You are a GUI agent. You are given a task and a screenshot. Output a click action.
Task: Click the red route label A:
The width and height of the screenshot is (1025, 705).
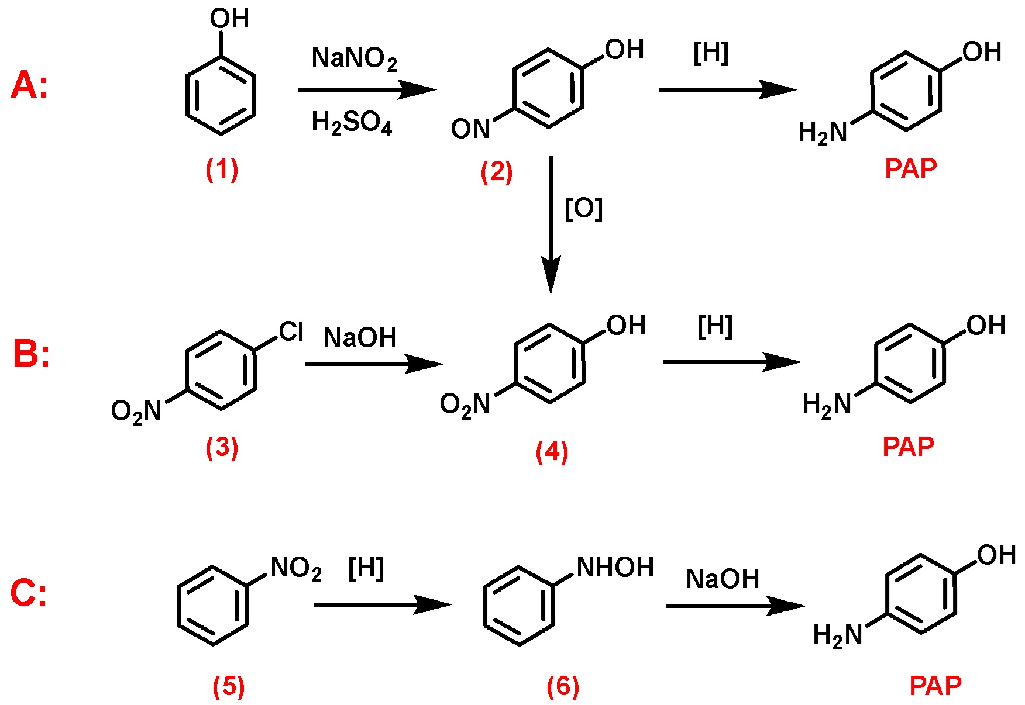click(29, 85)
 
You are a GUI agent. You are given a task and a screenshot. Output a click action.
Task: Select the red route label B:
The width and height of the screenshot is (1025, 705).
click(31, 354)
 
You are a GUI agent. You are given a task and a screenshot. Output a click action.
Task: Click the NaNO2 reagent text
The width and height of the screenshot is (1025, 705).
click(355, 58)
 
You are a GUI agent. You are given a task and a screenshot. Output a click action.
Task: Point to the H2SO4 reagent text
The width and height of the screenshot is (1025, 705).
click(352, 123)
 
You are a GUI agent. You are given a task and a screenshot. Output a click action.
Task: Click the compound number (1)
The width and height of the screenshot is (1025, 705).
click(222, 170)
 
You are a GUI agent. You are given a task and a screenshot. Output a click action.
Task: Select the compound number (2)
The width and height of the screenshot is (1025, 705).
click(496, 172)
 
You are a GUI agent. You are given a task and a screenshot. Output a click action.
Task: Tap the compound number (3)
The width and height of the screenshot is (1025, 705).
click(222, 448)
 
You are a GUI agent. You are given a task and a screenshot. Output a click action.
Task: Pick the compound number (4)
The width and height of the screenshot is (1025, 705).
click(552, 452)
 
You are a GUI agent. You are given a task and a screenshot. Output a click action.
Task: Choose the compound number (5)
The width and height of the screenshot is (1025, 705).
click(228, 687)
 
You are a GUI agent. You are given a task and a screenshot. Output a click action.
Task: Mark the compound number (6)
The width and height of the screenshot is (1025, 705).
click(563, 687)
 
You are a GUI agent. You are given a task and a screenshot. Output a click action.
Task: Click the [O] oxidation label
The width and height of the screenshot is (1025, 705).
click(583, 208)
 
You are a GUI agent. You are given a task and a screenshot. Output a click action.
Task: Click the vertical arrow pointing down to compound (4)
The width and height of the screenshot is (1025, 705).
click(551, 225)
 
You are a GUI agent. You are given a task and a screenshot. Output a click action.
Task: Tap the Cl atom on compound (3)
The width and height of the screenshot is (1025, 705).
click(291, 331)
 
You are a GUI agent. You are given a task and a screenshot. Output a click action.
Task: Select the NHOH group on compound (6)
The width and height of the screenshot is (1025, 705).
click(615, 567)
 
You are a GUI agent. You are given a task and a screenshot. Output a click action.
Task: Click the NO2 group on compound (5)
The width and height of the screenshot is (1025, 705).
click(296, 568)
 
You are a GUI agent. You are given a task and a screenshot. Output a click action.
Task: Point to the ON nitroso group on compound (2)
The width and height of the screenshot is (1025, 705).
click(470, 129)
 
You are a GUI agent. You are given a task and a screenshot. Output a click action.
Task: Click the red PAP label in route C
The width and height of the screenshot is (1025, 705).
click(935, 686)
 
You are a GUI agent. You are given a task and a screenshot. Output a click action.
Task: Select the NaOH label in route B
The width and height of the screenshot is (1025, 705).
click(360, 338)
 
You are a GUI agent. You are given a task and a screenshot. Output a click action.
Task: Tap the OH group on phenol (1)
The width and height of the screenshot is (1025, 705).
click(229, 19)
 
